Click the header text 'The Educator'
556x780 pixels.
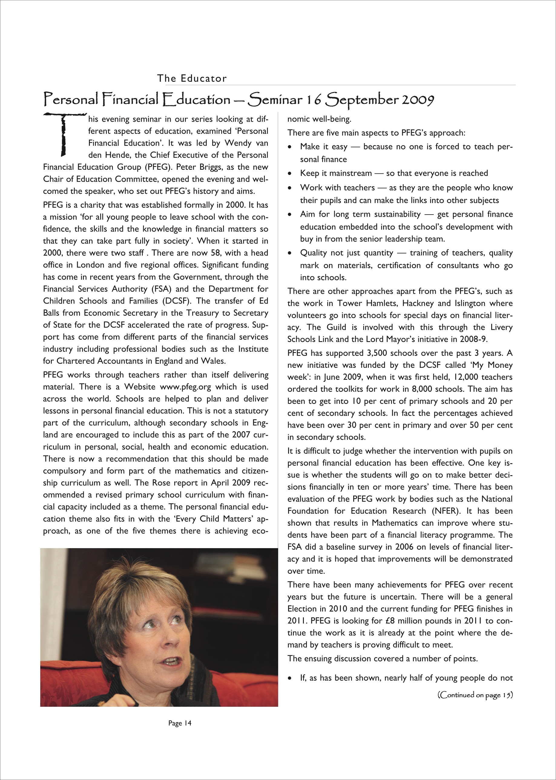(x=192, y=78)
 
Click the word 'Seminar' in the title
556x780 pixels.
(x=275, y=100)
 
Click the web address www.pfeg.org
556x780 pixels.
(x=185, y=387)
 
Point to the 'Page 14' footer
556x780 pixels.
(x=180, y=723)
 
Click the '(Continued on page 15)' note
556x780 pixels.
(x=475, y=695)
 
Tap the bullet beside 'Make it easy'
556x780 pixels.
(x=290, y=147)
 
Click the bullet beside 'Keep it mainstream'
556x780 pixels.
(x=290, y=174)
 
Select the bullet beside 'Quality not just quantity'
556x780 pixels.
(x=290, y=253)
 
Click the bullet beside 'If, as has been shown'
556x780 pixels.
(x=290, y=678)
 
